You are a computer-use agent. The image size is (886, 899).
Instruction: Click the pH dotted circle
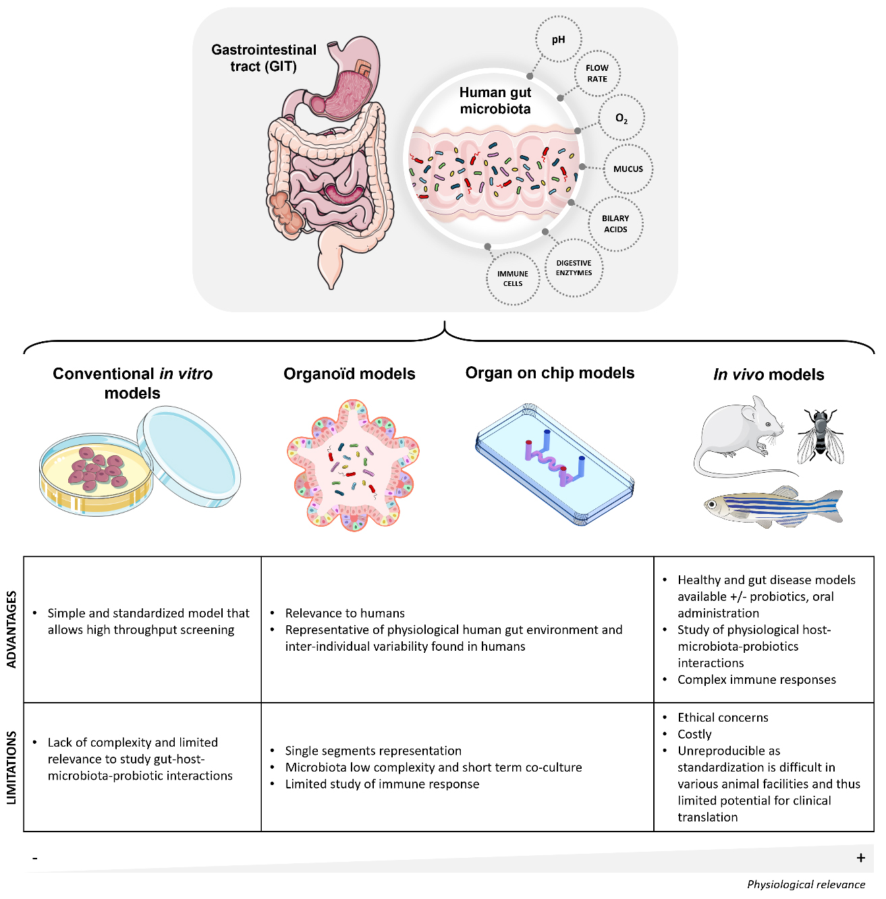coord(558,40)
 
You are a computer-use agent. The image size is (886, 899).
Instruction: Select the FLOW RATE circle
coord(597,74)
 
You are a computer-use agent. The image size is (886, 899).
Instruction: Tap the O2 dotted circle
coord(621,119)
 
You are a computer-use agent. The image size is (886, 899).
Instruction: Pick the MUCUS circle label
coord(628,169)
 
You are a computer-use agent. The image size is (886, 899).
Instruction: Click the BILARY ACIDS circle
coord(615,224)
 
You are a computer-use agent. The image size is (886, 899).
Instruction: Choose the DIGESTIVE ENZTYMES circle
coord(574,268)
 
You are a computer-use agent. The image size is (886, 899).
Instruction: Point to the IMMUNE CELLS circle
coord(513,279)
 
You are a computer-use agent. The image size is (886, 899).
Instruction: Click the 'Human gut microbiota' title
coord(495,100)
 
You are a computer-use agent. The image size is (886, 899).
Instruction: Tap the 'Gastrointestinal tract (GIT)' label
coord(264,58)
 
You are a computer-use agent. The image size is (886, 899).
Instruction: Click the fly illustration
coord(820,436)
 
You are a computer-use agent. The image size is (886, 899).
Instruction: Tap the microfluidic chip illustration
coord(555,463)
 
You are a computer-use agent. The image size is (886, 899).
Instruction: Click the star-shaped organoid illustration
coord(353,465)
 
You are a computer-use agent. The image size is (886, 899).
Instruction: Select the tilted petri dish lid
coord(189,457)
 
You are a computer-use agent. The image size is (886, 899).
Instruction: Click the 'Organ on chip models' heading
coord(550,373)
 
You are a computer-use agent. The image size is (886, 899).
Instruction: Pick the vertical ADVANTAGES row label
coord(11,629)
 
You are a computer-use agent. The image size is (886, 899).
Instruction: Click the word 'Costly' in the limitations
coord(694,734)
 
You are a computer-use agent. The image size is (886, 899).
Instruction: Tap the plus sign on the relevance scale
coord(860,858)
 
